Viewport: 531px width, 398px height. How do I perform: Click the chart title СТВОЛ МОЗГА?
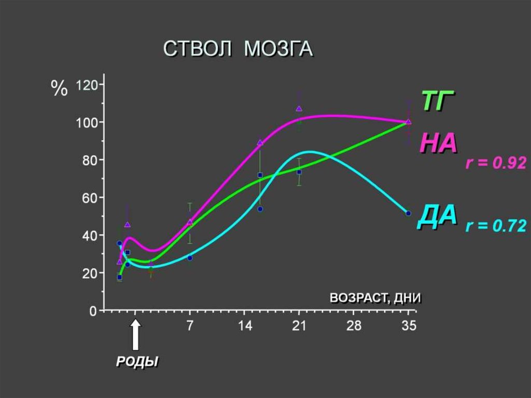pos(239,49)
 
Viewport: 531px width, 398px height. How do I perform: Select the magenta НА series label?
pos(438,143)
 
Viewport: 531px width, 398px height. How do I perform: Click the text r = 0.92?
pos(496,164)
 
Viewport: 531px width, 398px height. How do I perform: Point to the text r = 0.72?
pos(496,226)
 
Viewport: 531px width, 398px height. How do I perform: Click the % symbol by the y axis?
pos(59,89)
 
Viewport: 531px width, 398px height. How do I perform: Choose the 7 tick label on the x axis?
pos(190,326)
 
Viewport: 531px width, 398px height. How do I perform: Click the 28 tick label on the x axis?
pos(353,326)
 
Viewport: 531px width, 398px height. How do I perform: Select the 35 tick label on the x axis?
pos(408,326)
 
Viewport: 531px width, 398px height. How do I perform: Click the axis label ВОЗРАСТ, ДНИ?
pos(375,298)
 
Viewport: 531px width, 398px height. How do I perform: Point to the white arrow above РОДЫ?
pos(135,335)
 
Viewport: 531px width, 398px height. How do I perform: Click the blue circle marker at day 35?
pos(408,213)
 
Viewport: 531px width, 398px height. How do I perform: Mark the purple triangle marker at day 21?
pos(299,108)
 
